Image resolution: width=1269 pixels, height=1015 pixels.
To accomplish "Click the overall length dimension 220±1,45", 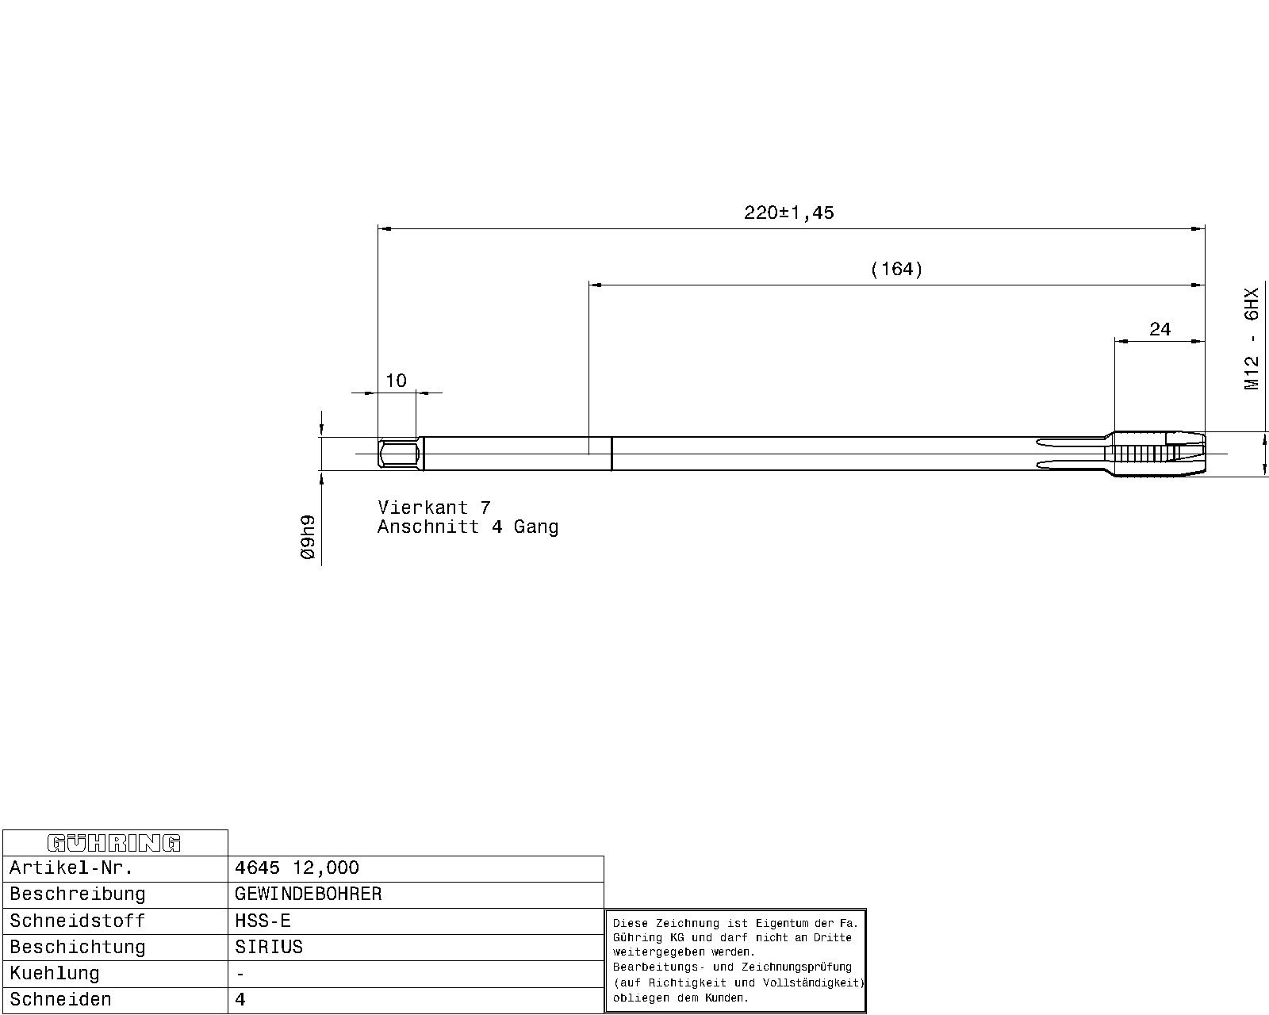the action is [x=788, y=213].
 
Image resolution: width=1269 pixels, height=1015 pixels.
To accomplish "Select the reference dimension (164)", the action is [x=896, y=270].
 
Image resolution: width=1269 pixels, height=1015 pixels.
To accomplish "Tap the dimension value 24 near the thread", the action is [x=1160, y=329].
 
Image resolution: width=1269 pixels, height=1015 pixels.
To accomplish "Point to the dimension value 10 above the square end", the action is [x=397, y=381].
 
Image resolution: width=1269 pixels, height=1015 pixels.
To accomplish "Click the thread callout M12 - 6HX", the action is [x=1252, y=339].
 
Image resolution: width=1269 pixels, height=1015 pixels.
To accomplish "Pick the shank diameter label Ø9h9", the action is [x=308, y=537].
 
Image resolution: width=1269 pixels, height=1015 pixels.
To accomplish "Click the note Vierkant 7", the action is [x=434, y=507].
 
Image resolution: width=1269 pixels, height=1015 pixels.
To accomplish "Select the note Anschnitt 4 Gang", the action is [x=468, y=526].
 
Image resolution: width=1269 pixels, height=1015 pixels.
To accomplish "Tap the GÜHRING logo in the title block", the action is [x=113, y=844].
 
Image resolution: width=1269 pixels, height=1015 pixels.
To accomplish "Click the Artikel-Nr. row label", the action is [x=71, y=868].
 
